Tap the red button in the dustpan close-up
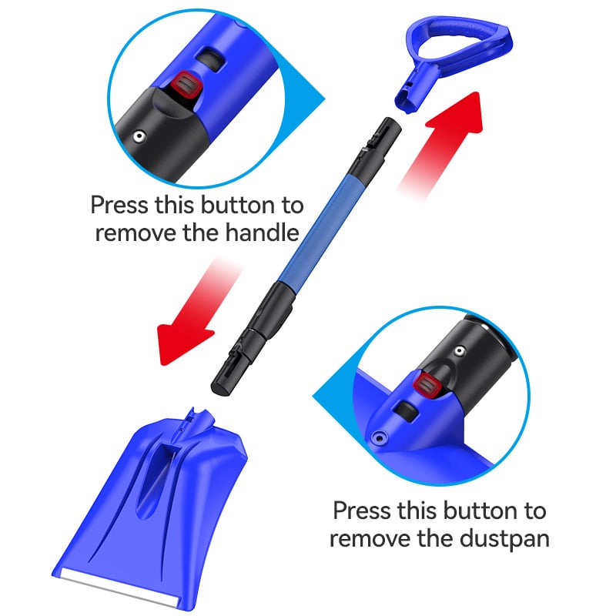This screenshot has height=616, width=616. [427, 386]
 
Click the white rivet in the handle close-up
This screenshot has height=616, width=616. [139, 137]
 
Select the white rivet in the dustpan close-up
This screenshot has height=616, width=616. [458, 351]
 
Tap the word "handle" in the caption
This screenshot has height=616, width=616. [263, 233]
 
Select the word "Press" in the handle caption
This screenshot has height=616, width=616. [119, 205]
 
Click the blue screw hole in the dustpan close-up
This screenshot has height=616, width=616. [379, 437]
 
